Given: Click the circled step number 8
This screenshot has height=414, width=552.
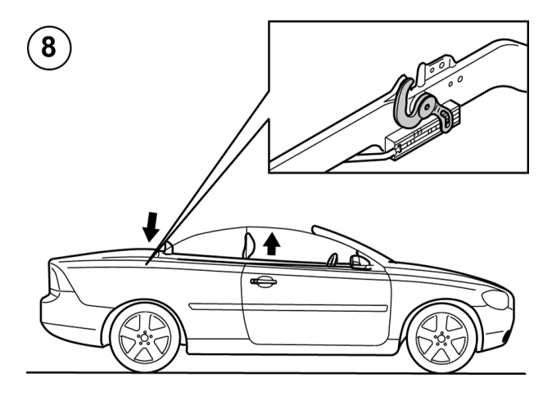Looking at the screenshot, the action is pos(49,47).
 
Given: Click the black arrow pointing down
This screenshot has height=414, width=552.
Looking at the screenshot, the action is pos(151,227).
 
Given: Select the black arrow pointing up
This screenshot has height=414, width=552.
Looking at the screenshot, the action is pos(271,243).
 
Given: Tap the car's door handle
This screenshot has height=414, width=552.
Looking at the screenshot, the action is pos(264,281).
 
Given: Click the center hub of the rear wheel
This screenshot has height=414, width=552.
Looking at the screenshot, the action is pos(145,338).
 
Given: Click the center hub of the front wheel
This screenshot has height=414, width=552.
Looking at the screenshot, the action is pos(441,339).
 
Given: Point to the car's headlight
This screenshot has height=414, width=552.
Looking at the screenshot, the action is pos(495,299).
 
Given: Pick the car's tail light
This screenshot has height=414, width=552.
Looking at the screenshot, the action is pos(61,280).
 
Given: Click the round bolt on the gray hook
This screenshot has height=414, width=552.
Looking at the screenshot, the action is pos(427,106).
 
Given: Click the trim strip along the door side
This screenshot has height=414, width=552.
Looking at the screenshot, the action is pos(288,308).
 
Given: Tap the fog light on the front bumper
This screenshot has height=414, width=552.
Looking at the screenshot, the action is pos(508,336).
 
